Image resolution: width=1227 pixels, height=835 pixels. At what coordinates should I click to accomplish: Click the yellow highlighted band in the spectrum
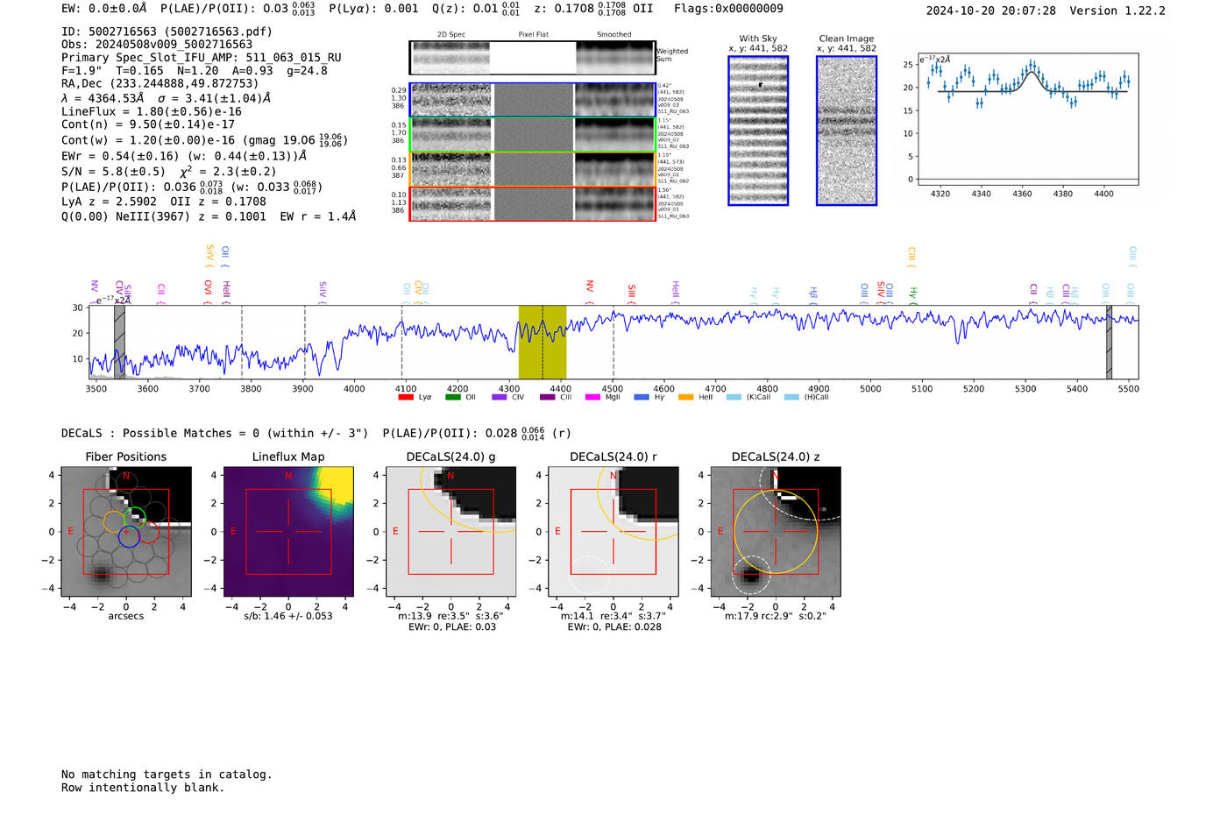pos(542,342)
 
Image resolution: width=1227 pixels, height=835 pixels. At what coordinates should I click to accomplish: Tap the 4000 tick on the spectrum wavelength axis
pos(354,388)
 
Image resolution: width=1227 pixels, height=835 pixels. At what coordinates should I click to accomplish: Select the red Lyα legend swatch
pos(406,398)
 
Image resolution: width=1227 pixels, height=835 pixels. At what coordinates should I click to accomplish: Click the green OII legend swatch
pos(452,398)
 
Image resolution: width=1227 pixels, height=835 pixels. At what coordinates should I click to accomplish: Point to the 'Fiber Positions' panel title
pos(125,456)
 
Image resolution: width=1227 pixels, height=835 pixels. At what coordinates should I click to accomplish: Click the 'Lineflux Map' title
pos(288,456)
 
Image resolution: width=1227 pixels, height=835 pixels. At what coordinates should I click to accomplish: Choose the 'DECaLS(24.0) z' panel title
pos(776,456)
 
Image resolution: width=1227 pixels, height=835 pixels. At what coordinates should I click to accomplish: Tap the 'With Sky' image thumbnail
pos(758,131)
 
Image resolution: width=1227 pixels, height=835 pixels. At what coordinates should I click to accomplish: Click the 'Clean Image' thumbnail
pos(847,131)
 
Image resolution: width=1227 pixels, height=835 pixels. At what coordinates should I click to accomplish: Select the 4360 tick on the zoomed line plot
pos(1022,194)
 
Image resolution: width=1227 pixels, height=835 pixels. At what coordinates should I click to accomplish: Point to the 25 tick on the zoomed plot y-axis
pos(908,65)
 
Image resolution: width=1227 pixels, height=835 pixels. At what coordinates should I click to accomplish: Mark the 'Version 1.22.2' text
pos(1117,11)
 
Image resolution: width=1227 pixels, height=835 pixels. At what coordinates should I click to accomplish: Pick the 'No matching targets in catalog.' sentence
pos(167,775)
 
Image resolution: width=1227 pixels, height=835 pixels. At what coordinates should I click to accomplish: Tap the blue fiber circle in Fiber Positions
pos(129,537)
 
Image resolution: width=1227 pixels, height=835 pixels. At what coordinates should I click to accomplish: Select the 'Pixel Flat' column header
pos(533,35)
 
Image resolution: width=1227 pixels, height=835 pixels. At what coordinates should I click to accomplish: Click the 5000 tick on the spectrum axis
pos(870,388)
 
